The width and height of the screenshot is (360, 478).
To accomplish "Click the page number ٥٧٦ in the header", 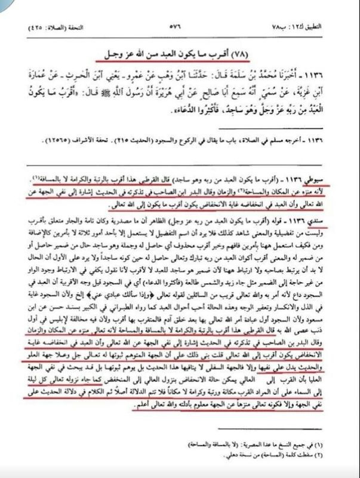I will [x=180, y=28].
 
